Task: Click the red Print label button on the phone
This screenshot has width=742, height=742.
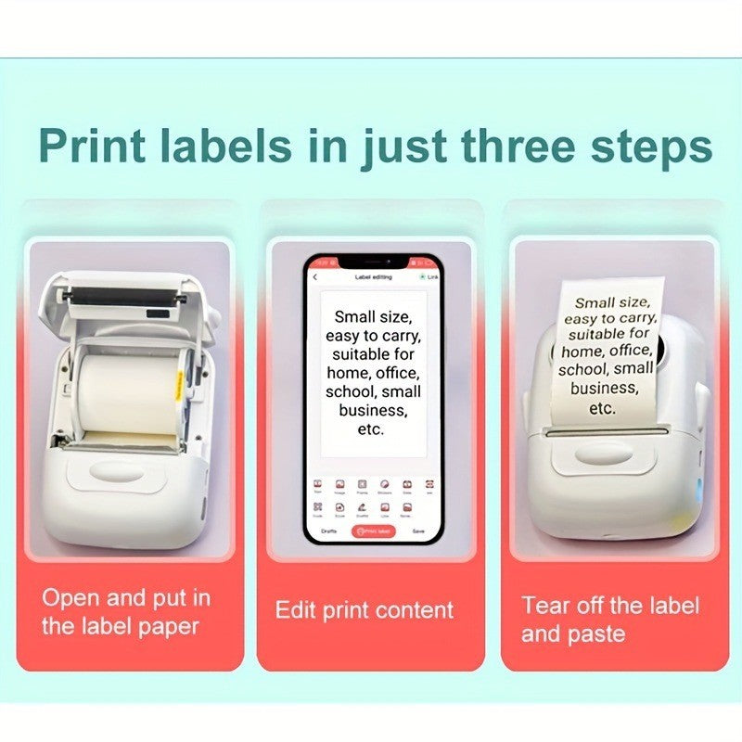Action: point(373,531)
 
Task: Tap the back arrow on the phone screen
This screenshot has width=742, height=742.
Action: point(315,277)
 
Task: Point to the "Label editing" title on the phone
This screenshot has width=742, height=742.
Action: point(373,277)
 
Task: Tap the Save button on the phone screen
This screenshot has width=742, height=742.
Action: point(418,531)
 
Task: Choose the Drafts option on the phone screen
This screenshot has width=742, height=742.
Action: point(328,531)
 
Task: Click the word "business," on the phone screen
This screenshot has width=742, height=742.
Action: point(372,410)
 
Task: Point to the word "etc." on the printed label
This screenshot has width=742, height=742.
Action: point(602,408)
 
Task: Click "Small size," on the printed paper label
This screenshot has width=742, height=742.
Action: point(611,301)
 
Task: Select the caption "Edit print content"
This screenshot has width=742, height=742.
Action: point(365,610)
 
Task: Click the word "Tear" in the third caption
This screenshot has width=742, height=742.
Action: point(545,606)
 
